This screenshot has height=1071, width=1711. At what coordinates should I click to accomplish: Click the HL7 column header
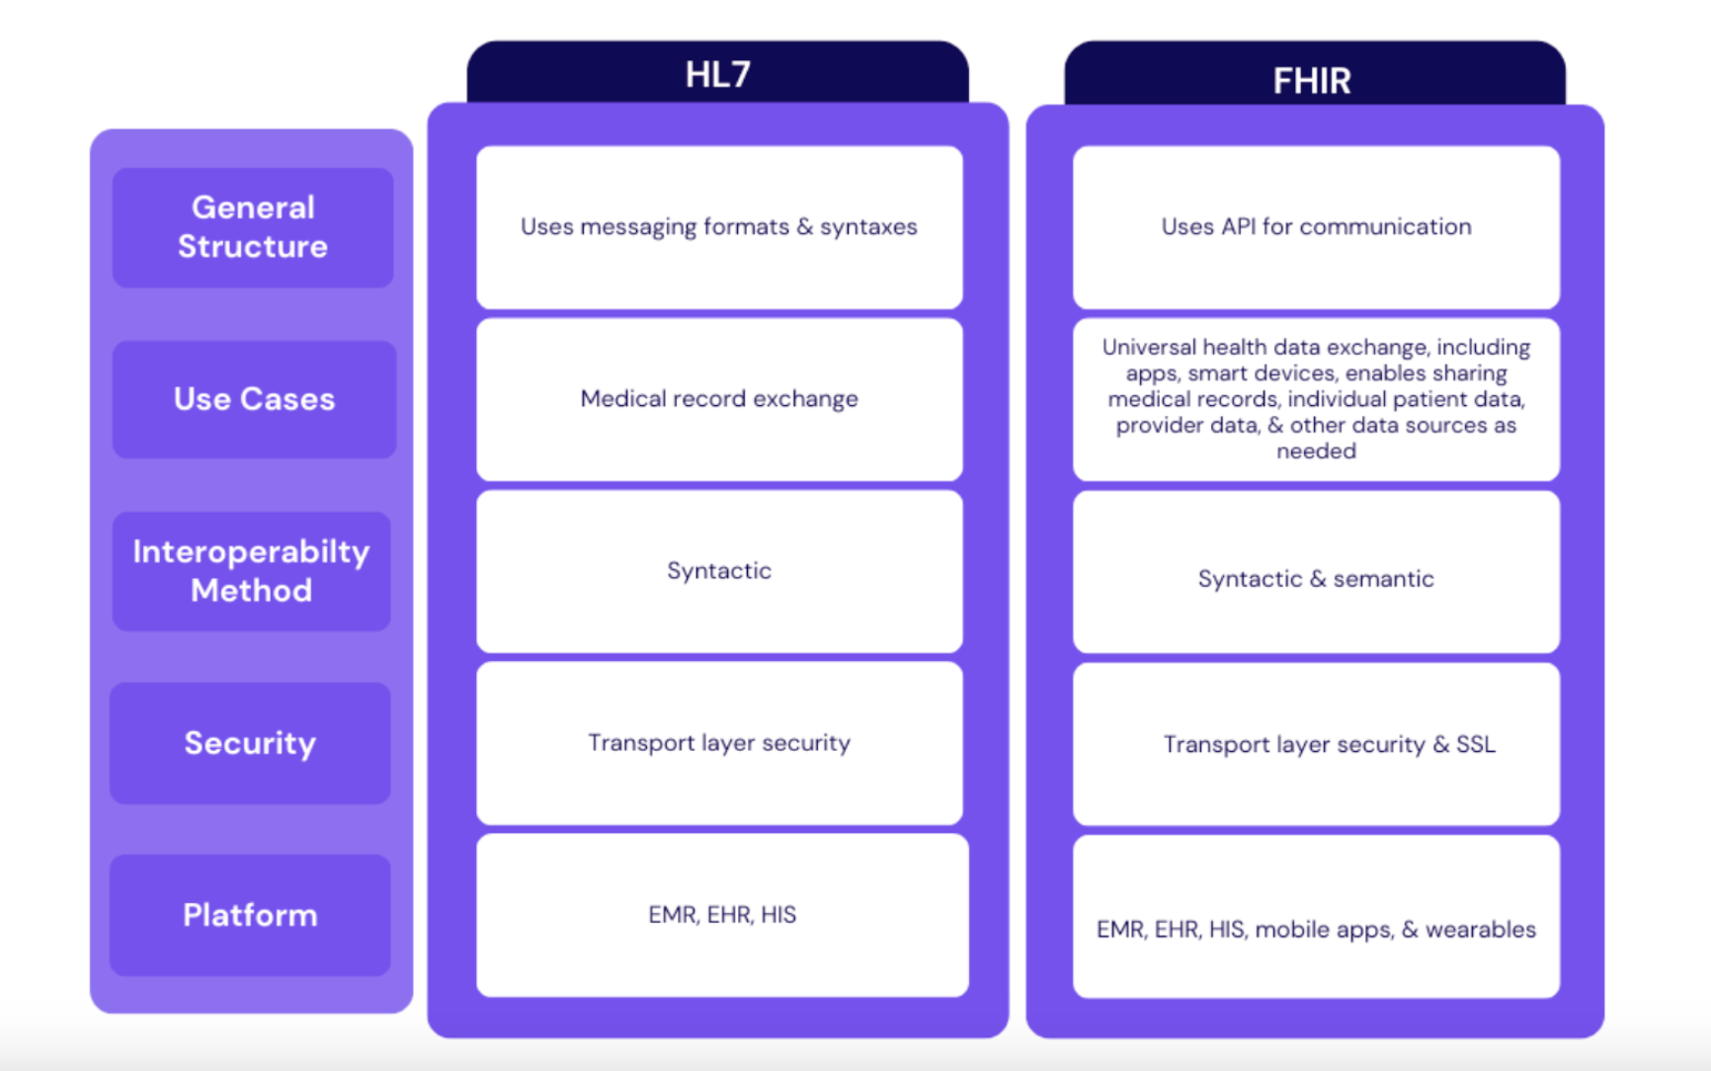click(x=718, y=74)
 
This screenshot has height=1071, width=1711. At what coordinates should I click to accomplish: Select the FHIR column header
click(x=1312, y=79)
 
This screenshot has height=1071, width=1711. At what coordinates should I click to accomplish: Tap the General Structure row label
click(x=253, y=227)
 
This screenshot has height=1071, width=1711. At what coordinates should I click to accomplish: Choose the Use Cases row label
click(x=254, y=399)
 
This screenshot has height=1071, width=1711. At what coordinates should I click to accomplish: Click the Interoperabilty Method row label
click(x=251, y=571)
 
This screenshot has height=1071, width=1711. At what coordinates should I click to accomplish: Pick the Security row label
click(x=250, y=743)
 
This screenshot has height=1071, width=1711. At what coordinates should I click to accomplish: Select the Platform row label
click(x=250, y=915)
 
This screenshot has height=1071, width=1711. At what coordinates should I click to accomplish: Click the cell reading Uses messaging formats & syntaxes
click(x=719, y=227)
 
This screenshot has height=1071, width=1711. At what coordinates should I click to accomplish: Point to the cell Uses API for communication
click(x=1316, y=227)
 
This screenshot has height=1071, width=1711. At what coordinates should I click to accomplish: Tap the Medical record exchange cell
click(x=719, y=399)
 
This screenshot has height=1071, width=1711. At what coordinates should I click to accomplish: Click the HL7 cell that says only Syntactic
click(x=719, y=571)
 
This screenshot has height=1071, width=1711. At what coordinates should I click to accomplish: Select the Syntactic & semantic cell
click(x=1316, y=579)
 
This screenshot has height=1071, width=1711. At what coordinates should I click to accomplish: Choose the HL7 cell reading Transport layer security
click(x=719, y=743)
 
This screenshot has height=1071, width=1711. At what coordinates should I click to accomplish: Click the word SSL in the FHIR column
click(x=1476, y=744)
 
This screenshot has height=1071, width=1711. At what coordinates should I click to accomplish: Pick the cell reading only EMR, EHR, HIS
click(x=722, y=915)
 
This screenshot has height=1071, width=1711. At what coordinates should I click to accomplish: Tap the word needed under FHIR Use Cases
click(x=1316, y=452)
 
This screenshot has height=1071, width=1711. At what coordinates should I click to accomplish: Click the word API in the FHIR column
click(x=1238, y=227)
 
